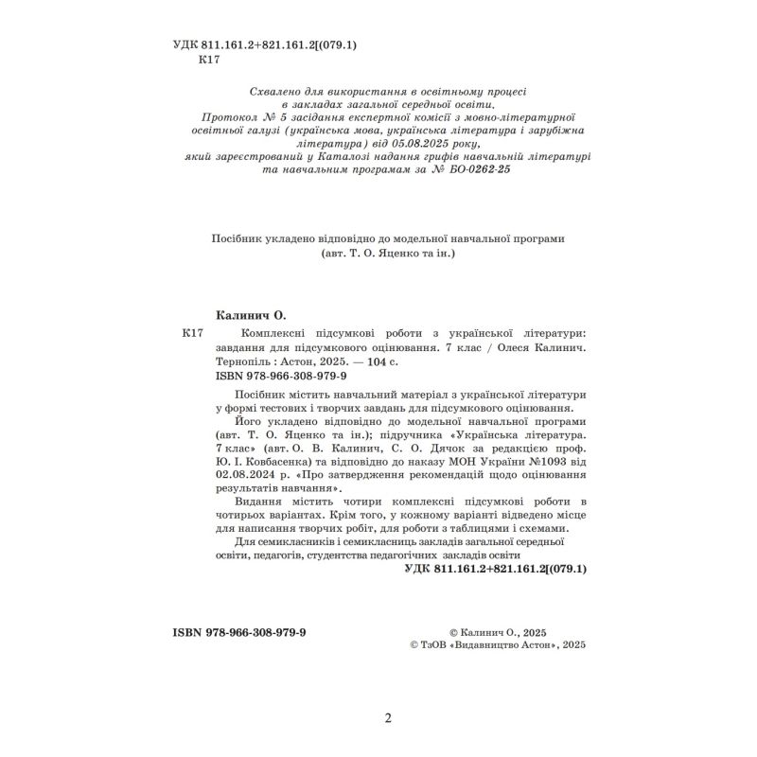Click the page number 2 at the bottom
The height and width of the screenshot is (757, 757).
tap(388, 719)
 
